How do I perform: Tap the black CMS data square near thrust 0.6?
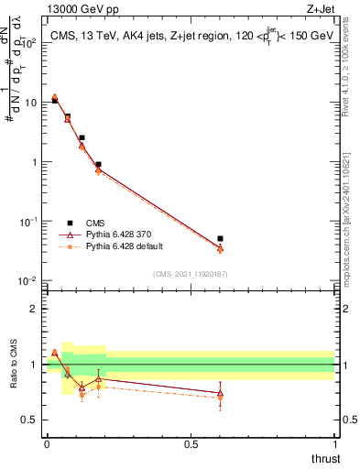coord(220,239)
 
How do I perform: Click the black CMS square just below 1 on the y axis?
coord(98,165)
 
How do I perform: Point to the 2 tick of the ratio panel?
coord(35,309)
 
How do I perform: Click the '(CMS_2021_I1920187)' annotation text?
coord(190,273)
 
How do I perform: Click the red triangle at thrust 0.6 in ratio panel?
coord(220,393)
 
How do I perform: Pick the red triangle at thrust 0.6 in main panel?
coord(220,248)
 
